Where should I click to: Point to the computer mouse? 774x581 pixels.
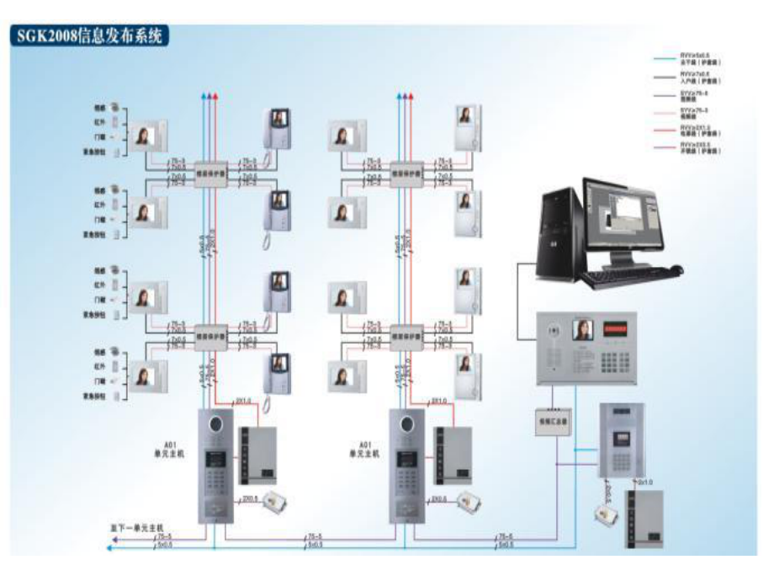(676, 270)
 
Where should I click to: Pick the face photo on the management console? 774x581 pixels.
(582, 329)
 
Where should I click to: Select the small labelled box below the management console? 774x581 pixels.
(553, 418)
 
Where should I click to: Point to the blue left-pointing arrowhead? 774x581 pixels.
(109, 548)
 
